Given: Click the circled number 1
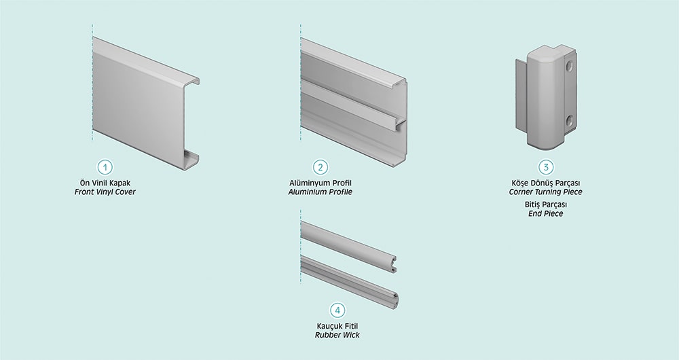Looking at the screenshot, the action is (105, 167).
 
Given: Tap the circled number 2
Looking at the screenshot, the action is (320, 167).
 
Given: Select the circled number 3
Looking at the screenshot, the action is (546, 167).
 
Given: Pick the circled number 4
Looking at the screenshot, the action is (337, 310).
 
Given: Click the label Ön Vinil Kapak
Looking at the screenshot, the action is (105, 183).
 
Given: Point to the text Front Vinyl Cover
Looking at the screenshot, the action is (105, 192).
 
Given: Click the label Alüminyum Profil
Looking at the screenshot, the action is (320, 183).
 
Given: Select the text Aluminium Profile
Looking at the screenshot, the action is (320, 192).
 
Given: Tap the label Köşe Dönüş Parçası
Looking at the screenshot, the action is (546, 183).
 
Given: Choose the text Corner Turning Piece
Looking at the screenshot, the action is (546, 192).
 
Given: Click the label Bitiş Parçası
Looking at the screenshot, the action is (546, 204).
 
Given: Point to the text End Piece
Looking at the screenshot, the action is (546, 213).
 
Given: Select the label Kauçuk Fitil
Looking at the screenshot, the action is (337, 326).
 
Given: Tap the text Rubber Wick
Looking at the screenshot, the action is (337, 335).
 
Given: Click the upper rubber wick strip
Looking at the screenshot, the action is (348, 246).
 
